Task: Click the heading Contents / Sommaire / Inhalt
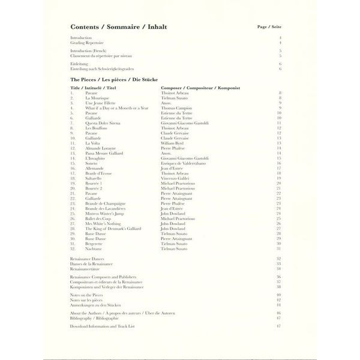coord(119,27)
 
